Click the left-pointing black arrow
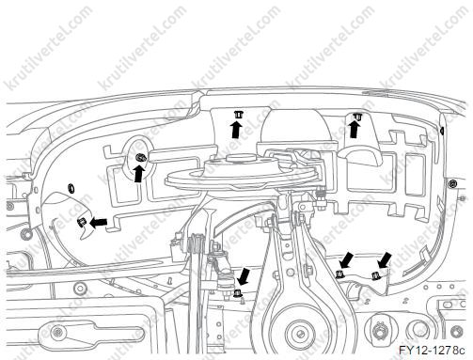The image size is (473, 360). (99, 222)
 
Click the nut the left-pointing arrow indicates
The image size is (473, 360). (81, 223)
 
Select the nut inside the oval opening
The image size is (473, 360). (140, 158)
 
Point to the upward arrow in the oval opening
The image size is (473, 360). (138, 174)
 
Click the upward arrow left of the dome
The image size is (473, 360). (237, 130)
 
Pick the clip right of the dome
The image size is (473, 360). (356, 117)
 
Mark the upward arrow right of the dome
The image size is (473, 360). (355, 130)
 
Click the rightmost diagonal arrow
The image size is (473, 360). (386, 259)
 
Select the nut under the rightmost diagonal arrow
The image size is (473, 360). (374, 276)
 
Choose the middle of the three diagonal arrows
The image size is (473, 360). (346, 261)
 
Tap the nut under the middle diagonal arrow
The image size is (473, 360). (339, 274)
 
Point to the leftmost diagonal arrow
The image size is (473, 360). (244, 276)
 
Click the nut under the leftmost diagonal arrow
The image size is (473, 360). (237, 293)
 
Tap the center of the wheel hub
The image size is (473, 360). (300, 333)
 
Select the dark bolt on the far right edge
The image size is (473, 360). (451, 184)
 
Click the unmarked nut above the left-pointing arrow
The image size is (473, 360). (71, 188)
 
